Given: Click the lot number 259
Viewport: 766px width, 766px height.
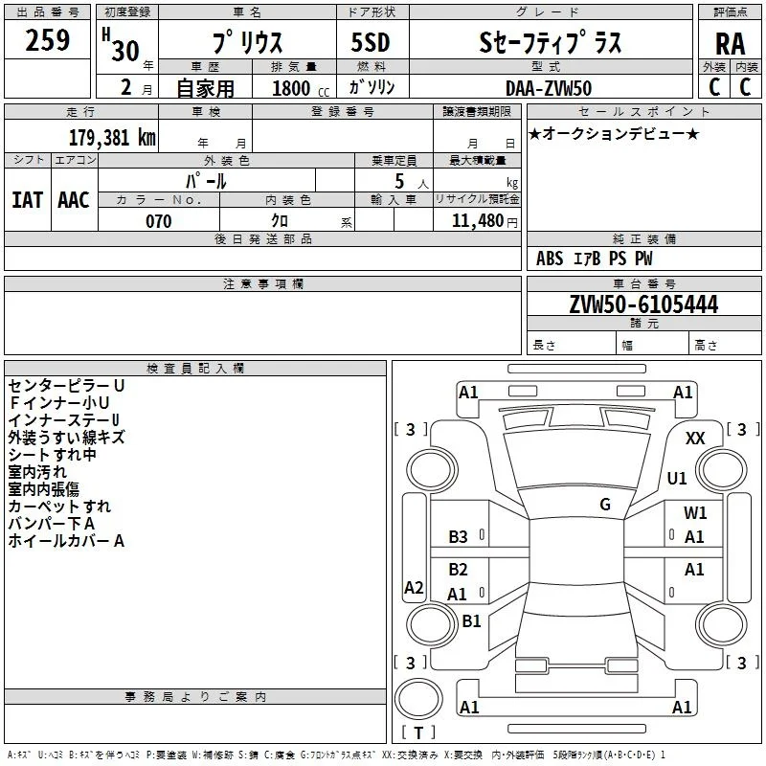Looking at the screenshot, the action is (47, 40).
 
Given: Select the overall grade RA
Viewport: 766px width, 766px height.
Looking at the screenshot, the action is (730, 44).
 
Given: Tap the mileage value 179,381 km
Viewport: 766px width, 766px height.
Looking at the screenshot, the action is (112, 137).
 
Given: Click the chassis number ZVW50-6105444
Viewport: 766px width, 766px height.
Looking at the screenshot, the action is (643, 304).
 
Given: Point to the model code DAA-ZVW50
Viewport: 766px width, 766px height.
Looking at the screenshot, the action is (549, 88).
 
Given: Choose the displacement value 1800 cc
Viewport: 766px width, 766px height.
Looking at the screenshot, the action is (301, 88).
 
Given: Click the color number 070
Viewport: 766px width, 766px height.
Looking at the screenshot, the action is (159, 221).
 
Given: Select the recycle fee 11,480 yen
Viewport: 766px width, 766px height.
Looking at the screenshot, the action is (484, 221).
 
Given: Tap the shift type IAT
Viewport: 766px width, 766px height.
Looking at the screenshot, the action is (28, 200).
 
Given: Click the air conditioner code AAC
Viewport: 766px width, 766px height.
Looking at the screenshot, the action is (74, 200).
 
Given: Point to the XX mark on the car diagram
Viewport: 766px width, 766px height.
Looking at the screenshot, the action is (695, 439).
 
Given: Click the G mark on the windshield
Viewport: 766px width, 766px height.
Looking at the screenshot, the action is (605, 505).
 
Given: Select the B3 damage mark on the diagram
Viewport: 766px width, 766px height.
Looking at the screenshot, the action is (458, 537).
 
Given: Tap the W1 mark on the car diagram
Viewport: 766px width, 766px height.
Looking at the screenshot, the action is (695, 512).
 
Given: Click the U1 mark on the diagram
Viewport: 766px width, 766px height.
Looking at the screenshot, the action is (677, 478).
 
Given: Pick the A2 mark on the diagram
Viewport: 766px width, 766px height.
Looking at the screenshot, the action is (414, 587).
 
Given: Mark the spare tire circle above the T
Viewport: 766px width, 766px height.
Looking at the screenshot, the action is (418, 698).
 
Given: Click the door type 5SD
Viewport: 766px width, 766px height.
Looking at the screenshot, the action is (371, 42).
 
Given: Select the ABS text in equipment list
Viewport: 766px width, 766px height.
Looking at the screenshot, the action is (550, 259).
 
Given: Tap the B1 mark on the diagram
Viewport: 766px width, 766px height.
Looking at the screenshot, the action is (471, 620).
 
